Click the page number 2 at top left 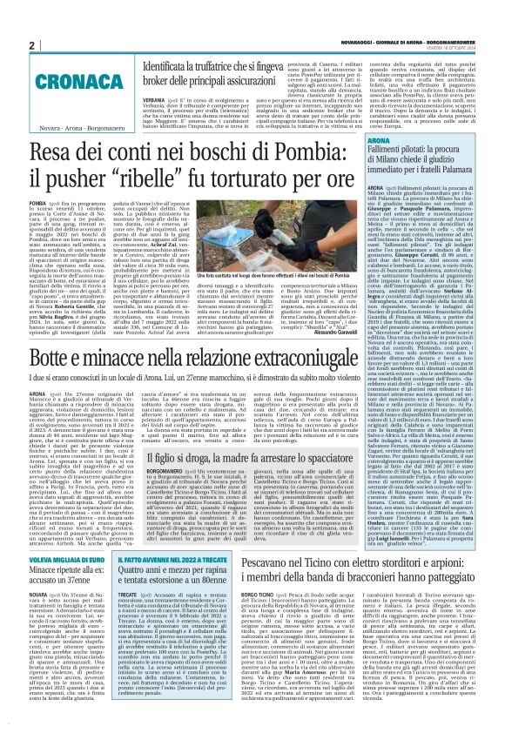(x=30, y=45)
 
